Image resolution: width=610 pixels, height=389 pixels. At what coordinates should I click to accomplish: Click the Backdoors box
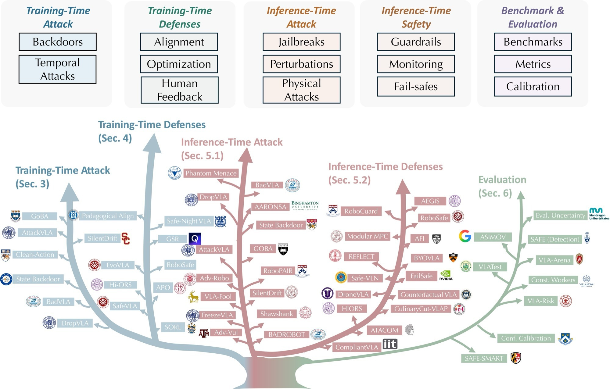point(58,42)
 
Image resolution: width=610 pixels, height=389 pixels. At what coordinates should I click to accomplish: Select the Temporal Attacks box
point(58,69)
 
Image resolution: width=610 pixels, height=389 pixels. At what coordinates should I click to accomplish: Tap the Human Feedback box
point(180,90)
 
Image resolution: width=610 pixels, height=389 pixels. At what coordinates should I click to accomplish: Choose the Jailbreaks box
point(301,42)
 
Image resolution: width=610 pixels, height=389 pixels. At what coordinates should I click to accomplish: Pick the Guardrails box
point(416,42)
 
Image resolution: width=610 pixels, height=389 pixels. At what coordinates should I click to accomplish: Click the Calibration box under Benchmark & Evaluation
point(533,87)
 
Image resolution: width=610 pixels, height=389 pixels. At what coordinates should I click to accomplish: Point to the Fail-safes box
point(416,87)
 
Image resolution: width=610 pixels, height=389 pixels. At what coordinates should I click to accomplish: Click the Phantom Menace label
point(211,173)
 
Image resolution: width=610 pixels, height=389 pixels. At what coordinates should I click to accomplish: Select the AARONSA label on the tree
point(271,207)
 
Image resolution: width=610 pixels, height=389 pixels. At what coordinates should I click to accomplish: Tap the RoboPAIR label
point(278,271)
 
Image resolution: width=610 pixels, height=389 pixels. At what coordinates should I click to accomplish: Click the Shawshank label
point(276,314)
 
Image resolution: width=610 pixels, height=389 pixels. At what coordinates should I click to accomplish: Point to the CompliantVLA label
point(357,347)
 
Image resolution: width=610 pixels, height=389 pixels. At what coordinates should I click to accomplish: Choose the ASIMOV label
point(493,237)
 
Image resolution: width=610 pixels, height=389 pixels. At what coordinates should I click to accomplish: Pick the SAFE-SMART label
point(484,359)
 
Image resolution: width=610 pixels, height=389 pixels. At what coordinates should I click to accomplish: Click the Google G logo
point(465,236)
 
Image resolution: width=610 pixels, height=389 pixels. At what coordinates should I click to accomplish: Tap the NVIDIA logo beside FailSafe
point(446,275)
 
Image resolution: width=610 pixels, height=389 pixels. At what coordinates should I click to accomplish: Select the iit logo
point(390,344)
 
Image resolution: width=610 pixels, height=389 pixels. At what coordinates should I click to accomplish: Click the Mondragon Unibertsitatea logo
point(598,213)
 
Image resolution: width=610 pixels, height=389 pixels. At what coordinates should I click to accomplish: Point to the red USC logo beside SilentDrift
point(126,238)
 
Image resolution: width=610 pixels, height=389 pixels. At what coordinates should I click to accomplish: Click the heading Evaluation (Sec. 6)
point(502,186)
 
